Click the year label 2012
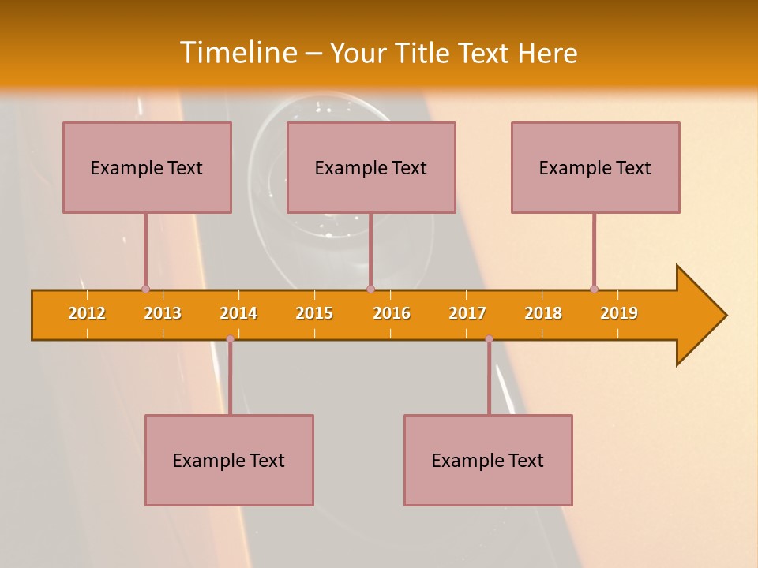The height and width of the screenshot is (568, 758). (87, 313)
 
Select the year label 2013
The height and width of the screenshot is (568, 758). (163, 313)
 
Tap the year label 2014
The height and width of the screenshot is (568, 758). (238, 313)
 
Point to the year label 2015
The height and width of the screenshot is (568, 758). (314, 313)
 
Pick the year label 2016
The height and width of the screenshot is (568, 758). (392, 313)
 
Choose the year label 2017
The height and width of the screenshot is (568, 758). (467, 313)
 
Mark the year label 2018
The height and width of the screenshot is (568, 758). (543, 313)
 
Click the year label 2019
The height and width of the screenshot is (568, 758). (619, 313)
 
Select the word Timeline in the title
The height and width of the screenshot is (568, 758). (237, 53)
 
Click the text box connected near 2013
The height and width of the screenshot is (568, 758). (147, 167)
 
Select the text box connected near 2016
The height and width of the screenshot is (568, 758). (371, 167)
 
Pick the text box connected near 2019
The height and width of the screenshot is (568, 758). (595, 167)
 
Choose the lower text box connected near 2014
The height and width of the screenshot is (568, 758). (229, 460)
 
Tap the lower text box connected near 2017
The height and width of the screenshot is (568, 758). (488, 460)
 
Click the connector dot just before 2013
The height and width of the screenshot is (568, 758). (145, 290)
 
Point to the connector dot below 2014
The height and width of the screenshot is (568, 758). (230, 338)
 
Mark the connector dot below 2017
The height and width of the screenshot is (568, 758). (489, 338)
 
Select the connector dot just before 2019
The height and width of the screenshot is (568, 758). (594, 289)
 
